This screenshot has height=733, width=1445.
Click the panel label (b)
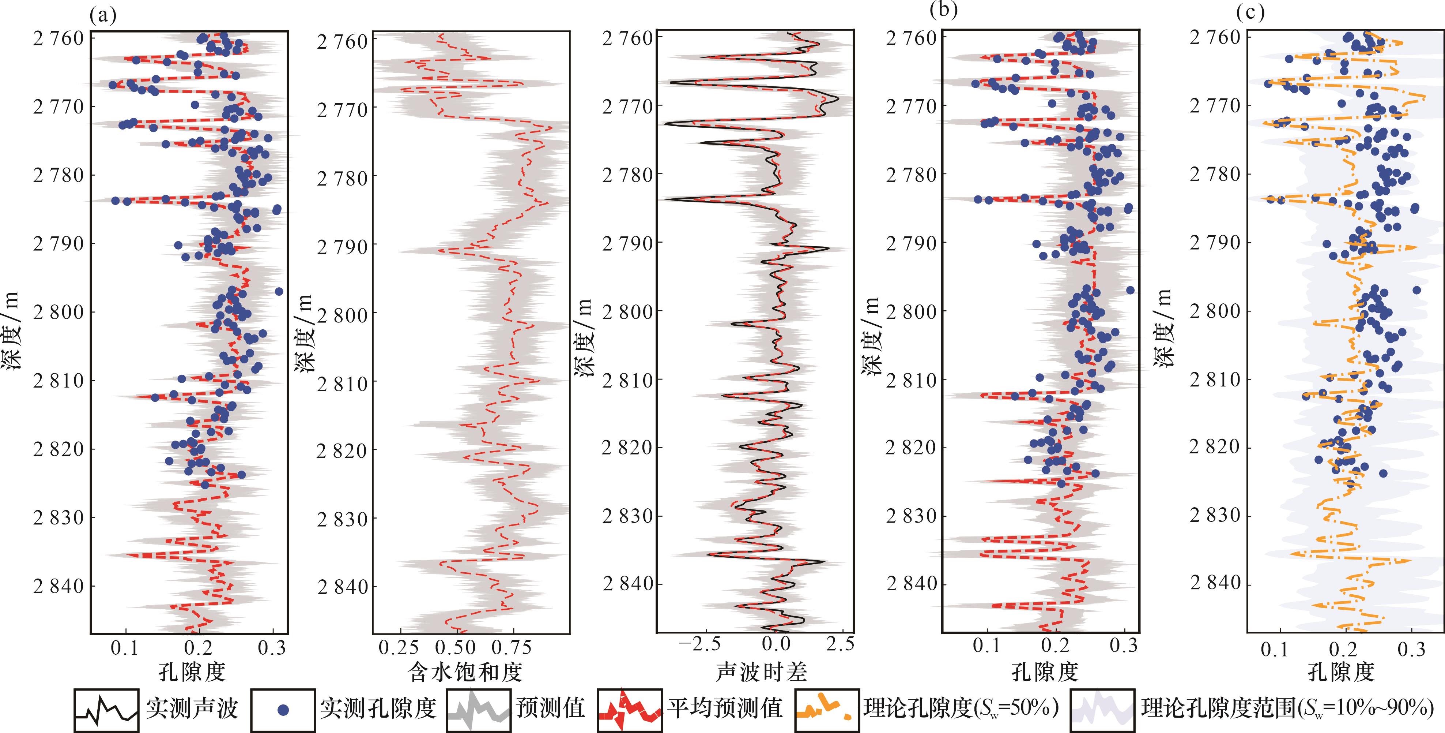943,10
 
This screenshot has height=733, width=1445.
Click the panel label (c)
1250,12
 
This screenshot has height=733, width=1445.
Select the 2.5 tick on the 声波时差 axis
840,644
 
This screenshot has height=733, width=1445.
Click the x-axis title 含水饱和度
465,672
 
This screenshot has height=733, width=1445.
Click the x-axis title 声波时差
761,672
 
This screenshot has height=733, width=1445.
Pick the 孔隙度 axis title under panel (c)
1341,672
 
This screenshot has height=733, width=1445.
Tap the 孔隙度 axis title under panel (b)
1045,672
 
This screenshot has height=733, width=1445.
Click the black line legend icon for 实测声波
106,710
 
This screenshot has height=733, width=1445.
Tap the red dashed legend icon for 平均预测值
629,710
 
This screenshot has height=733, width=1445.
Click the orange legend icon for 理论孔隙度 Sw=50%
827,710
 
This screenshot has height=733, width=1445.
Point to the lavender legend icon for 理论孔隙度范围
1102,710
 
